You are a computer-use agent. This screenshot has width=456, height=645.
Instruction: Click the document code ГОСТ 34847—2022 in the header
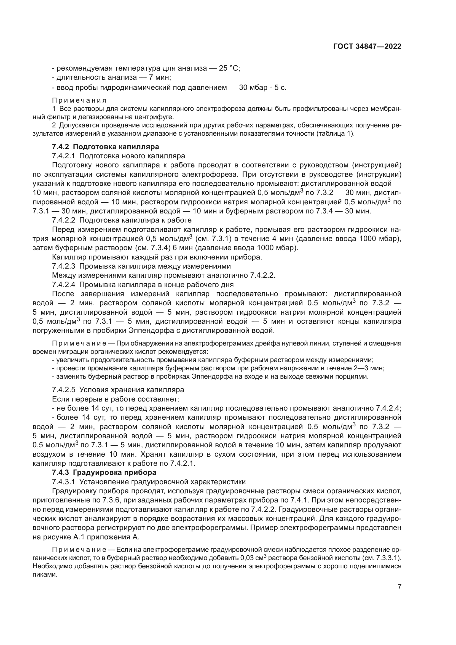(x=367, y=47)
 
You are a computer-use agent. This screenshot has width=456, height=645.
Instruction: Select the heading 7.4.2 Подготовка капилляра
(x=106, y=147)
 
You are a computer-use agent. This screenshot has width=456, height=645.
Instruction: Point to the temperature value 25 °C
(x=229, y=68)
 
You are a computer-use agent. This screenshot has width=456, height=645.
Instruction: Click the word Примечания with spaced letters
(x=79, y=100)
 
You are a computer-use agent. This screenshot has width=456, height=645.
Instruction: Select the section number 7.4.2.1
(x=63, y=156)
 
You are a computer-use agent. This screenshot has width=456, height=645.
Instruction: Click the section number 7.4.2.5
(x=63, y=390)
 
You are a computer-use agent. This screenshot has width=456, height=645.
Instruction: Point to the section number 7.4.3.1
(x=63, y=482)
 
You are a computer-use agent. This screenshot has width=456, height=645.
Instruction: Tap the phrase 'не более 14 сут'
(x=82, y=408)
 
